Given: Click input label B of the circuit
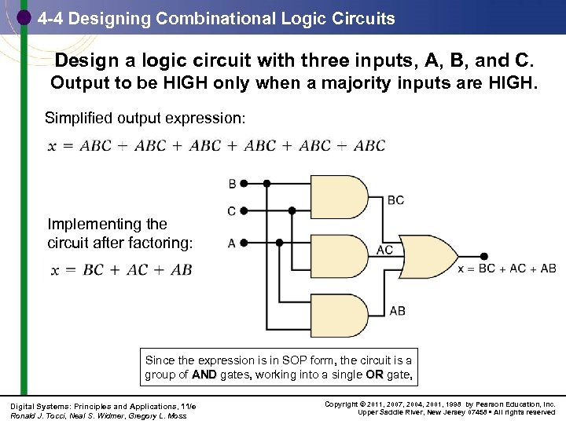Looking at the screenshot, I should (232, 184).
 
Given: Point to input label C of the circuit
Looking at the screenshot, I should (232, 211).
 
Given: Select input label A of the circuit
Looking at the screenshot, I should (232, 243).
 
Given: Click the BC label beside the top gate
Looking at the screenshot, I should (395, 200).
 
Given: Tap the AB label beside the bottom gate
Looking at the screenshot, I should (397, 311).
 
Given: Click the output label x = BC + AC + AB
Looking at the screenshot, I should (507, 269).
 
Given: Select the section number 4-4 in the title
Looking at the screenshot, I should (52, 18).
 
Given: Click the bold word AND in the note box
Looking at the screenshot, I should (204, 375).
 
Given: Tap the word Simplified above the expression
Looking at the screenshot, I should (81, 119).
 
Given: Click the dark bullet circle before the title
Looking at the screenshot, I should (23, 16).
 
